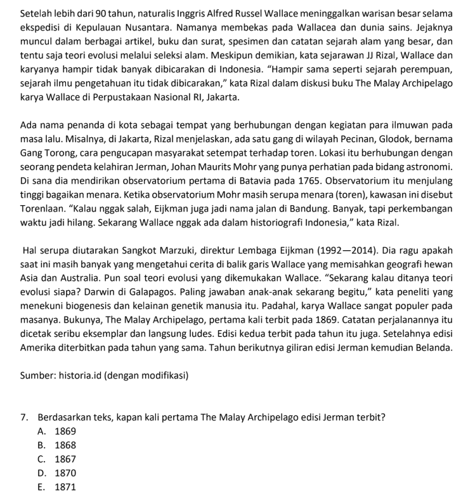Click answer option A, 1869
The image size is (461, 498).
point(58,431)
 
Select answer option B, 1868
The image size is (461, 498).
point(58,445)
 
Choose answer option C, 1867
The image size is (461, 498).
point(58,459)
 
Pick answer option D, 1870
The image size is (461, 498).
point(58,473)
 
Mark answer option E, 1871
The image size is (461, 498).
point(58,487)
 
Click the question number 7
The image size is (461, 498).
point(24,417)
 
